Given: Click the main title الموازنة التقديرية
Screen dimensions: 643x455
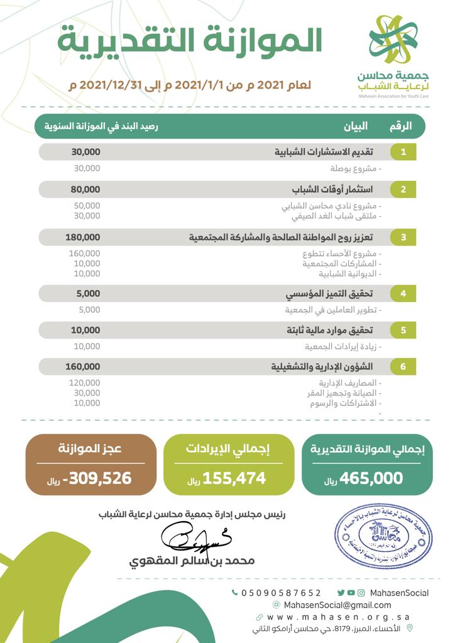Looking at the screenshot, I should click(190, 41).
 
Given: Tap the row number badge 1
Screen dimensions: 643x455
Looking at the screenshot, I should click(403, 152).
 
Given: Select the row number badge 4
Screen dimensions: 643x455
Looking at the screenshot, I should click(403, 293).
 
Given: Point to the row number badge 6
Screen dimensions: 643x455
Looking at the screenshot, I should click(403, 366).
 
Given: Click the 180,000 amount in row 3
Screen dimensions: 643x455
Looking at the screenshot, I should click(82, 237).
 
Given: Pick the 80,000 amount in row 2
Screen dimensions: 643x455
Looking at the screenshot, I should click(85, 189).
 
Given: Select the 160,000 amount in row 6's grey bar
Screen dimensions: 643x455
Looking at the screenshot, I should click(82, 366).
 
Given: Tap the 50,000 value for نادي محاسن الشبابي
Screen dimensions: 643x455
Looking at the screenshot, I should click(87, 205).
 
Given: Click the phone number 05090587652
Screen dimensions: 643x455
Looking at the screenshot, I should click(281, 593).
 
